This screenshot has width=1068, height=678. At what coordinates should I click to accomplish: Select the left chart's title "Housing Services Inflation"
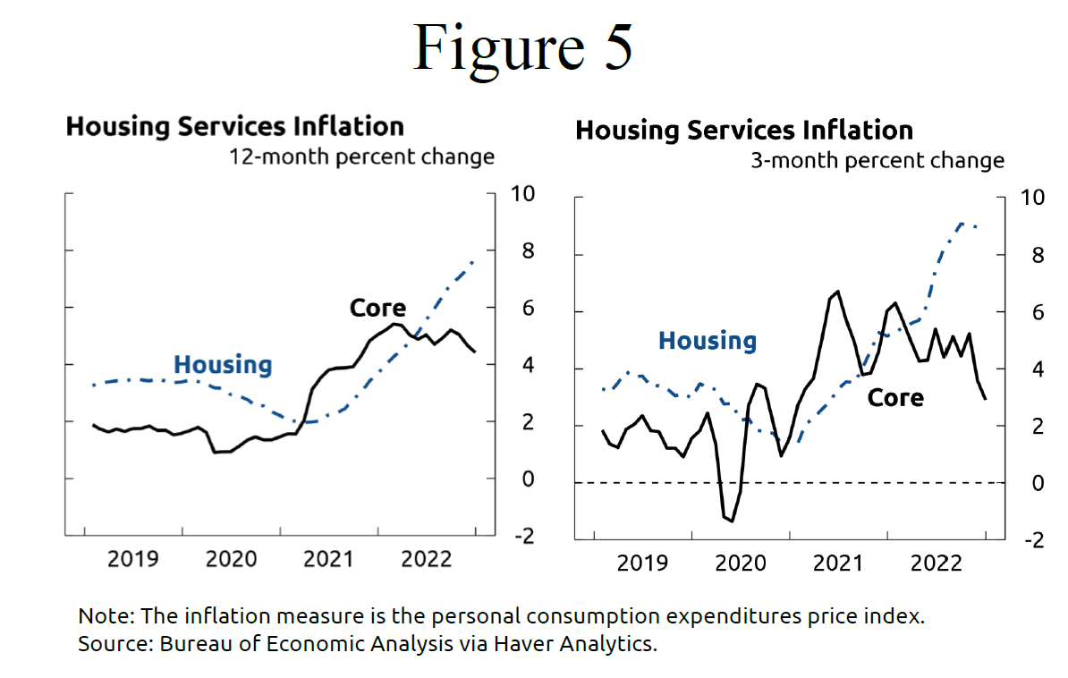(234, 126)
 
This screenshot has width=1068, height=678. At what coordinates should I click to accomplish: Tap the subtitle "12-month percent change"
(361, 157)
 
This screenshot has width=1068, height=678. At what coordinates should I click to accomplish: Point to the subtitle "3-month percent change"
(877, 161)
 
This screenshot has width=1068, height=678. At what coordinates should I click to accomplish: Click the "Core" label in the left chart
(377, 309)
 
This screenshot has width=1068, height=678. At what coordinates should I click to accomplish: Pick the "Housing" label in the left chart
(223, 365)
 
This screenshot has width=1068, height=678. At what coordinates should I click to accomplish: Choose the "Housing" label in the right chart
(707, 341)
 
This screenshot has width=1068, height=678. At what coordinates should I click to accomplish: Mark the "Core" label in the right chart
(895, 397)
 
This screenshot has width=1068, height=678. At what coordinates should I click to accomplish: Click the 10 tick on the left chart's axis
(521, 194)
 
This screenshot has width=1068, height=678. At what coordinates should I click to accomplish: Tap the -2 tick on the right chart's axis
(1031, 540)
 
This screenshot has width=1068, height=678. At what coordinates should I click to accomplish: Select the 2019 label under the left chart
(133, 560)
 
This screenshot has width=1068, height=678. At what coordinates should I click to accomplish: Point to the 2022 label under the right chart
(935, 564)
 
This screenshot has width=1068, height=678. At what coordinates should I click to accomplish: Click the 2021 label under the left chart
(328, 560)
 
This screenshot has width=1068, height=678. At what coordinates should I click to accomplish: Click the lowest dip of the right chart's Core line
(732, 521)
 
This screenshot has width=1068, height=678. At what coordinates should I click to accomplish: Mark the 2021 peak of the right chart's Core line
(837, 292)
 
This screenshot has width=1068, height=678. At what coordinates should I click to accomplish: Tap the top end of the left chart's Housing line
(473, 261)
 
